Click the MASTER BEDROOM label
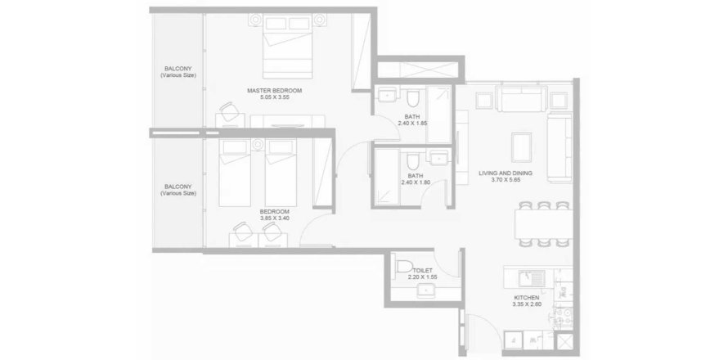pos(274,91)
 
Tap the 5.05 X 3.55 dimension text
pos(274,97)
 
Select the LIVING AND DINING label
pos(506,173)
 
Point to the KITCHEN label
pos(527,298)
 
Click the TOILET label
pos(423,270)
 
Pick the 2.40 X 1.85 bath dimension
pos(412,124)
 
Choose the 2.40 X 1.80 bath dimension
pos(416,182)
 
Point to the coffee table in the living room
pos(521,147)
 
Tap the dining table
pos(543,224)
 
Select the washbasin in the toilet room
pos(425,291)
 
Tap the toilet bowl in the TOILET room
pos(404,267)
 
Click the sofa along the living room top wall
pos(521,98)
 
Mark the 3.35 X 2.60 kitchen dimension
pos(527,304)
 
